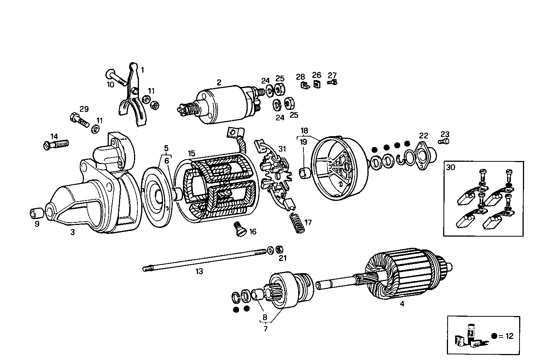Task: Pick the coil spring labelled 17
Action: tap(298, 223)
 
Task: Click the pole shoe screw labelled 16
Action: tap(238, 229)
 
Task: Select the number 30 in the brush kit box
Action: tap(451, 167)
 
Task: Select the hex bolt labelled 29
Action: tap(78, 120)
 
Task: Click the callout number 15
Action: tap(192, 153)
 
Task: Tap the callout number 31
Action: tap(282, 149)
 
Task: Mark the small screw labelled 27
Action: tap(332, 82)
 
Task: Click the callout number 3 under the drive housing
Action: tap(72, 232)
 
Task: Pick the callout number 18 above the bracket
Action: tap(304, 131)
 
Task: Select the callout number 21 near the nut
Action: tap(282, 258)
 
